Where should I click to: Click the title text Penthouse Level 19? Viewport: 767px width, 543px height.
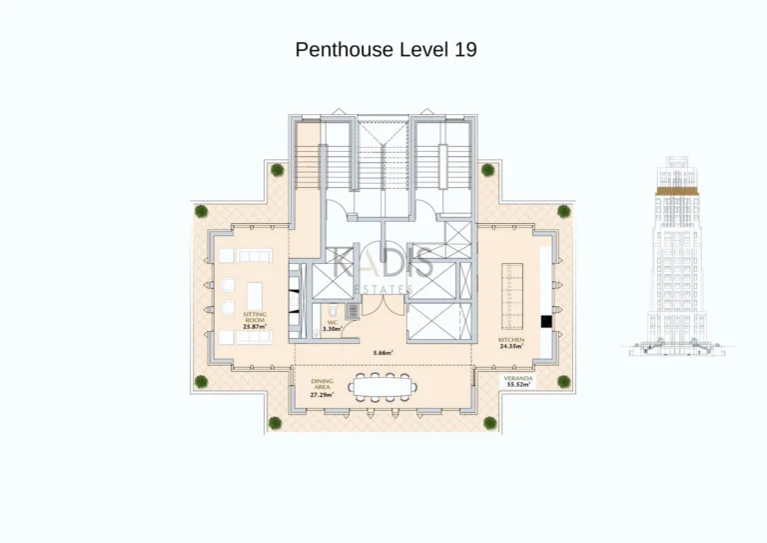(383, 50)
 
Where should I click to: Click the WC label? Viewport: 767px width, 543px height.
(332, 322)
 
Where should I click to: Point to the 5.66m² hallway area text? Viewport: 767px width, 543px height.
(383, 353)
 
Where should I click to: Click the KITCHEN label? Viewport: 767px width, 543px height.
(510, 340)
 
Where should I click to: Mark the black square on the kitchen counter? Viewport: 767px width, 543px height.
(546, 322)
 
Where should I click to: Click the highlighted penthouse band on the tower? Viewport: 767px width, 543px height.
(677, 188)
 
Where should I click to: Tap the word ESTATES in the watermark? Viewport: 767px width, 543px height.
(384, 289)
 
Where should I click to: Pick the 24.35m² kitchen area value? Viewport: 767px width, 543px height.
(510, 346)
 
